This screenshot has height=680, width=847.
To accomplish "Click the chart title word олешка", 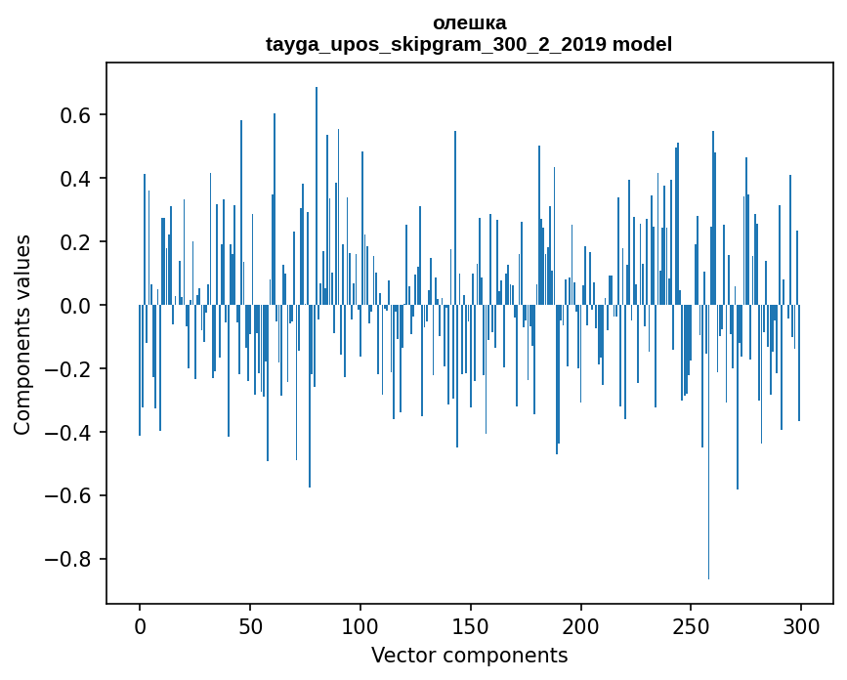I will click(469, 22).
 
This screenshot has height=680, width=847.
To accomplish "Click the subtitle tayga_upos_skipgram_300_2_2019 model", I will click(469, 44).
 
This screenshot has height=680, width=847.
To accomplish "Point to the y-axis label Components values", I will click(22, 334).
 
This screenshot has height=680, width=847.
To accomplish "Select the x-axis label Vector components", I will click(469, 655).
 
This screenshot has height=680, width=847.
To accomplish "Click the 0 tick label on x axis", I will click(140, 625).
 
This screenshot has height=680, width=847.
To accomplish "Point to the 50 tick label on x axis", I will click(250, 625).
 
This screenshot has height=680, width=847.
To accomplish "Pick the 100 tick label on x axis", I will click(360, 625).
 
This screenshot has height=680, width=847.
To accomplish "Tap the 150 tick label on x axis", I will click(471, 625).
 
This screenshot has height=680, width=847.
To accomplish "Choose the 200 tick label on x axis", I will click(581, 625).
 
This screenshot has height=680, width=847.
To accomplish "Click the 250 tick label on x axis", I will click(692, 625).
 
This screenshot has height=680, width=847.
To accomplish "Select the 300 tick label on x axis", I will click(801, 625).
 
